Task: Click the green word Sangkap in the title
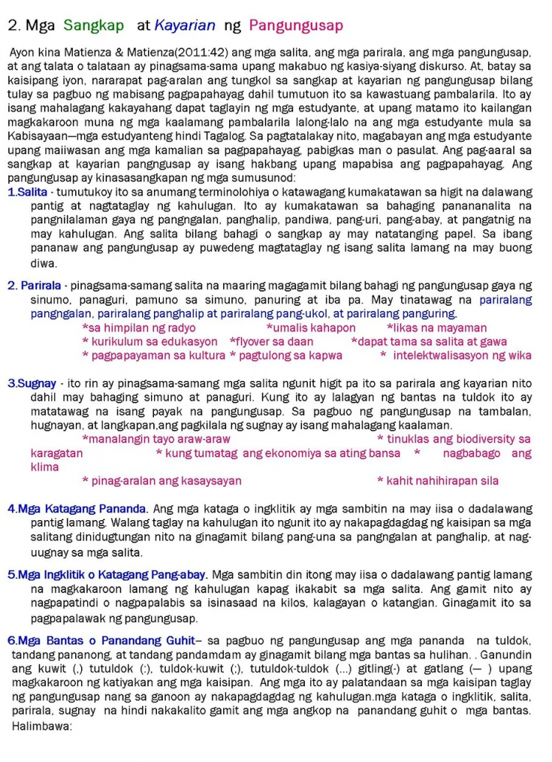pyautogui.click(x=94, y=26)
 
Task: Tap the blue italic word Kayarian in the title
pyautogui.click(x=185, y=26)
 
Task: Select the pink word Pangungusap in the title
pyautogui.click(x=296, y=26)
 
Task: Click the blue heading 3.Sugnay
pyautogui.click(x=32, y=383)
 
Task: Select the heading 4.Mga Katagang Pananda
pyautogui.click(x=77, y=510)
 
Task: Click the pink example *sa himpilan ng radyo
pyautogui.click(x=138, y=328)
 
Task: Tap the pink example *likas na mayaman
pyautogui.click(x=437, y=328)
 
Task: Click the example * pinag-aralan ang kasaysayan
pyautogui.click(x=161, y=481)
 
